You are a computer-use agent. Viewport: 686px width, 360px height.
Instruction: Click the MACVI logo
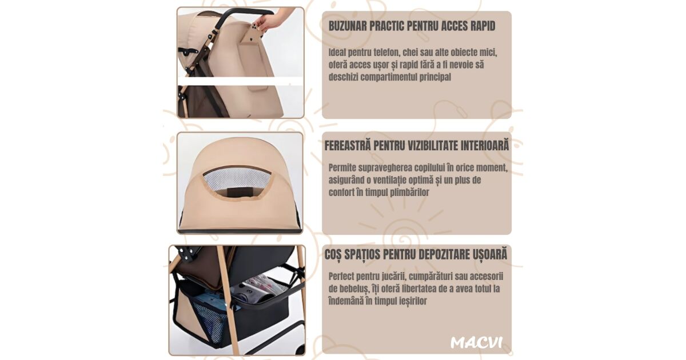(x=476, y=342)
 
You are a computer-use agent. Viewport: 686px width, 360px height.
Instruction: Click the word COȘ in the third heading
(x=333, y=255)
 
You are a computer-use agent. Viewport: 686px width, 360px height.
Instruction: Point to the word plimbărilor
(x=409, y=193)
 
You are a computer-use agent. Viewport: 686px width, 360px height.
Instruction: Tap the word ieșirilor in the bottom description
(x=413, y=301)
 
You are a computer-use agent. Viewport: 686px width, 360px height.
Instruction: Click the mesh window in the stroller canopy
(x=237, y=178)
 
